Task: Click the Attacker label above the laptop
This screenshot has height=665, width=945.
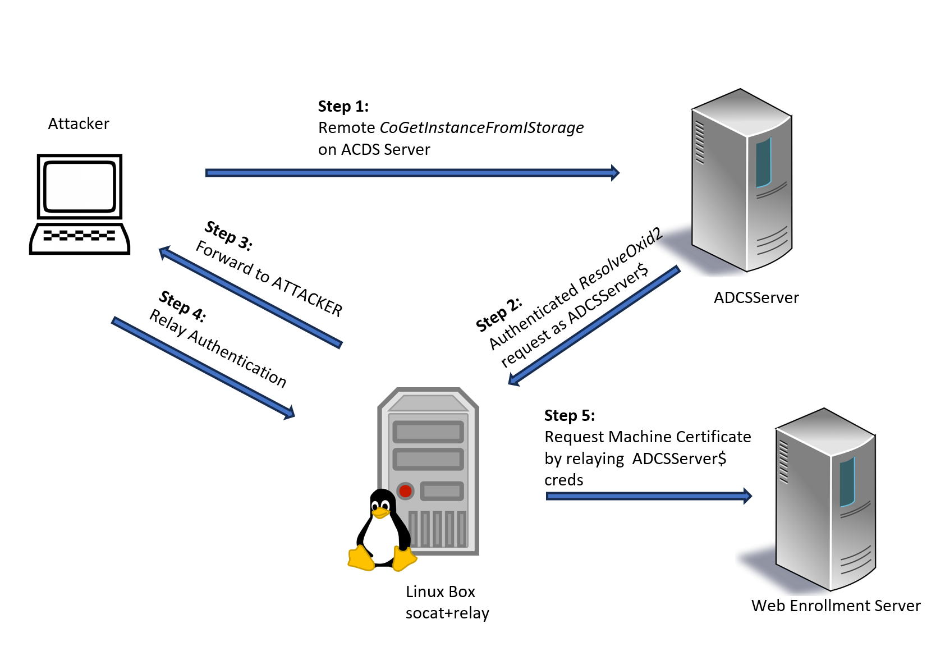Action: coord(79,123)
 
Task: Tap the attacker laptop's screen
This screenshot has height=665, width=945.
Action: coord(80,186)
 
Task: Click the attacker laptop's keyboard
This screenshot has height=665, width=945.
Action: coord(79,236)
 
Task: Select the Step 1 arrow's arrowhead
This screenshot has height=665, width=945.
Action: coord(615,173)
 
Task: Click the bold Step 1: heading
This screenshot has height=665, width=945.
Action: coord(343,107)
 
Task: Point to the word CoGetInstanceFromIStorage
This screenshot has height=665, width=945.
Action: coord(481,128)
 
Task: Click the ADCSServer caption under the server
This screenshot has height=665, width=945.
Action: coord(756,297)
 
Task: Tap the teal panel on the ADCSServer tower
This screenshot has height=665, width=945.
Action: coord(763,163)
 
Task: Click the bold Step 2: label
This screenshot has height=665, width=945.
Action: coord(499,315)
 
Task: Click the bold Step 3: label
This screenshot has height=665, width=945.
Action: coord(228,235)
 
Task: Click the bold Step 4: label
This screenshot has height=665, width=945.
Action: coord(182,306)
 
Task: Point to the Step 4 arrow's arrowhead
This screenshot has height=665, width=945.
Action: coord(290,414)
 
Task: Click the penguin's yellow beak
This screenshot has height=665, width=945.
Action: coord(380,512)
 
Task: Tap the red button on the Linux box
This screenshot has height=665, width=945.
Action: coord(405,491)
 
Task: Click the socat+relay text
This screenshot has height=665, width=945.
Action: coord(447,613)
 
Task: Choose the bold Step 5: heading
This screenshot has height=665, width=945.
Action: coord(569,416)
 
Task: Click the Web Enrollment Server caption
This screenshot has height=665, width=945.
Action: coord(836,606)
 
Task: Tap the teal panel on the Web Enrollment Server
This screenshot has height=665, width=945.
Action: coord(847,481)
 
